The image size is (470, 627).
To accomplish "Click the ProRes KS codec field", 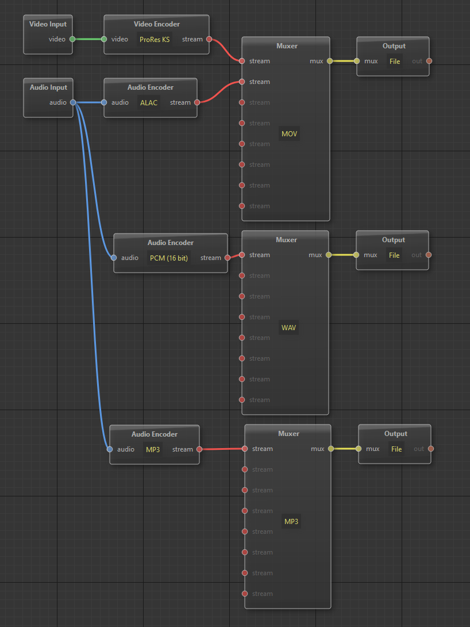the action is click(155, 40).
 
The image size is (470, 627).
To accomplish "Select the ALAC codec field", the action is click(149, 103).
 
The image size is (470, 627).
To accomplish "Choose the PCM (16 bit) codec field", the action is click(168, 258).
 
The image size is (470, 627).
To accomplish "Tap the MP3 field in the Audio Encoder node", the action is click(152, 449).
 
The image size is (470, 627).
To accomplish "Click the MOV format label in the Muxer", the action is click(289, 134).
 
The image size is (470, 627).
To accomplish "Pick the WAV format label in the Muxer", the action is click(288, 328).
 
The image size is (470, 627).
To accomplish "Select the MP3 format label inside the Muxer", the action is click(291, 521).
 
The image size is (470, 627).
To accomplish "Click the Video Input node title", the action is click(48, 24).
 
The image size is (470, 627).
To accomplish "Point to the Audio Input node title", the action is click(48, 87).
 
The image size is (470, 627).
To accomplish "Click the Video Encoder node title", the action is click(156, 24).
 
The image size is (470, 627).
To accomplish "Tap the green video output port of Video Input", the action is click(72, 39).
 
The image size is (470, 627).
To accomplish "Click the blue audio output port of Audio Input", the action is click(73, 102).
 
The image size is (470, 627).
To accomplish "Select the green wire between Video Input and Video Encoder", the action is click(88, 39).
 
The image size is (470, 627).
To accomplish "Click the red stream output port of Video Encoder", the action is click(209, 39).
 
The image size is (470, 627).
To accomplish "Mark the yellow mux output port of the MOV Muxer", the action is click(329, 61).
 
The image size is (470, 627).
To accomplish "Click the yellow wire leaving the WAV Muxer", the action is click(342, 255).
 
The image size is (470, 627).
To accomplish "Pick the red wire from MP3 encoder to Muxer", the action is click(222, 449).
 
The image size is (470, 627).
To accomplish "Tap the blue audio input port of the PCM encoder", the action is click(114, 258).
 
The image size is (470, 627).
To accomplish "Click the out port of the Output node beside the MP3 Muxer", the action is click(431, 449).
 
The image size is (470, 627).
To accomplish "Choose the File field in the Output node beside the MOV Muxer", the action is click(395, 62).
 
